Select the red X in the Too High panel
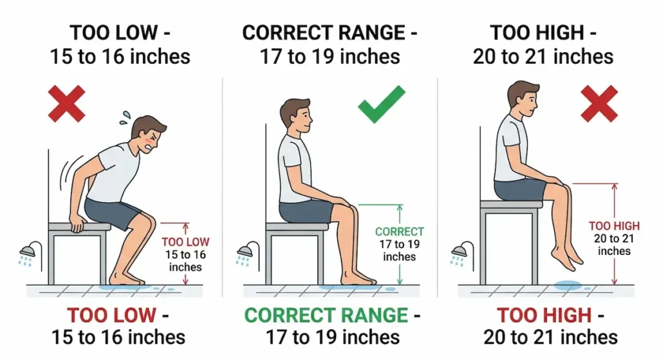(x=599, y=103)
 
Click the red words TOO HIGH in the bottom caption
(x=544, y=316)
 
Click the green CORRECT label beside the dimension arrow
(x=399, y=232)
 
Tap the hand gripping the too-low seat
(x=78, y=224)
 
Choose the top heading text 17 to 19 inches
(x=329, y=57)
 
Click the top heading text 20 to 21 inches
(x=543, y=57)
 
